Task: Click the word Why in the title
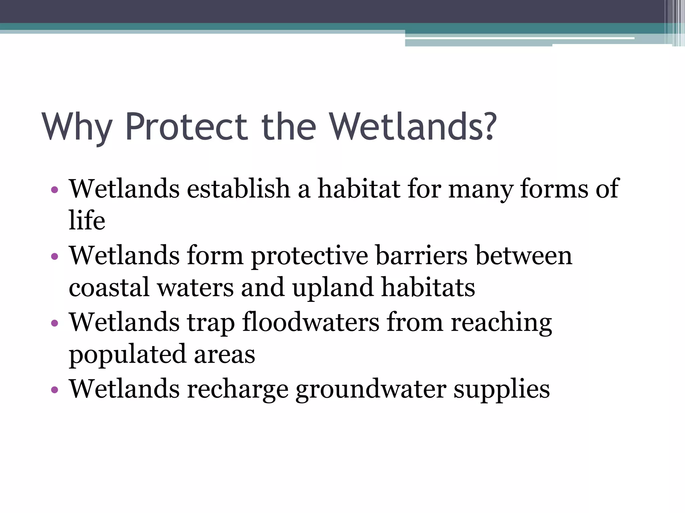click(x=77, y=127)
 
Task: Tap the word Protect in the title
click(x=186, y=127)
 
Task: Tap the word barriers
click(x=421, y=255)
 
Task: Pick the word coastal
click(x=109, y=288)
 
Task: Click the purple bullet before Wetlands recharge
click(x=55, y=390)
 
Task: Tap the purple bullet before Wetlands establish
click(x=55, y=190)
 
